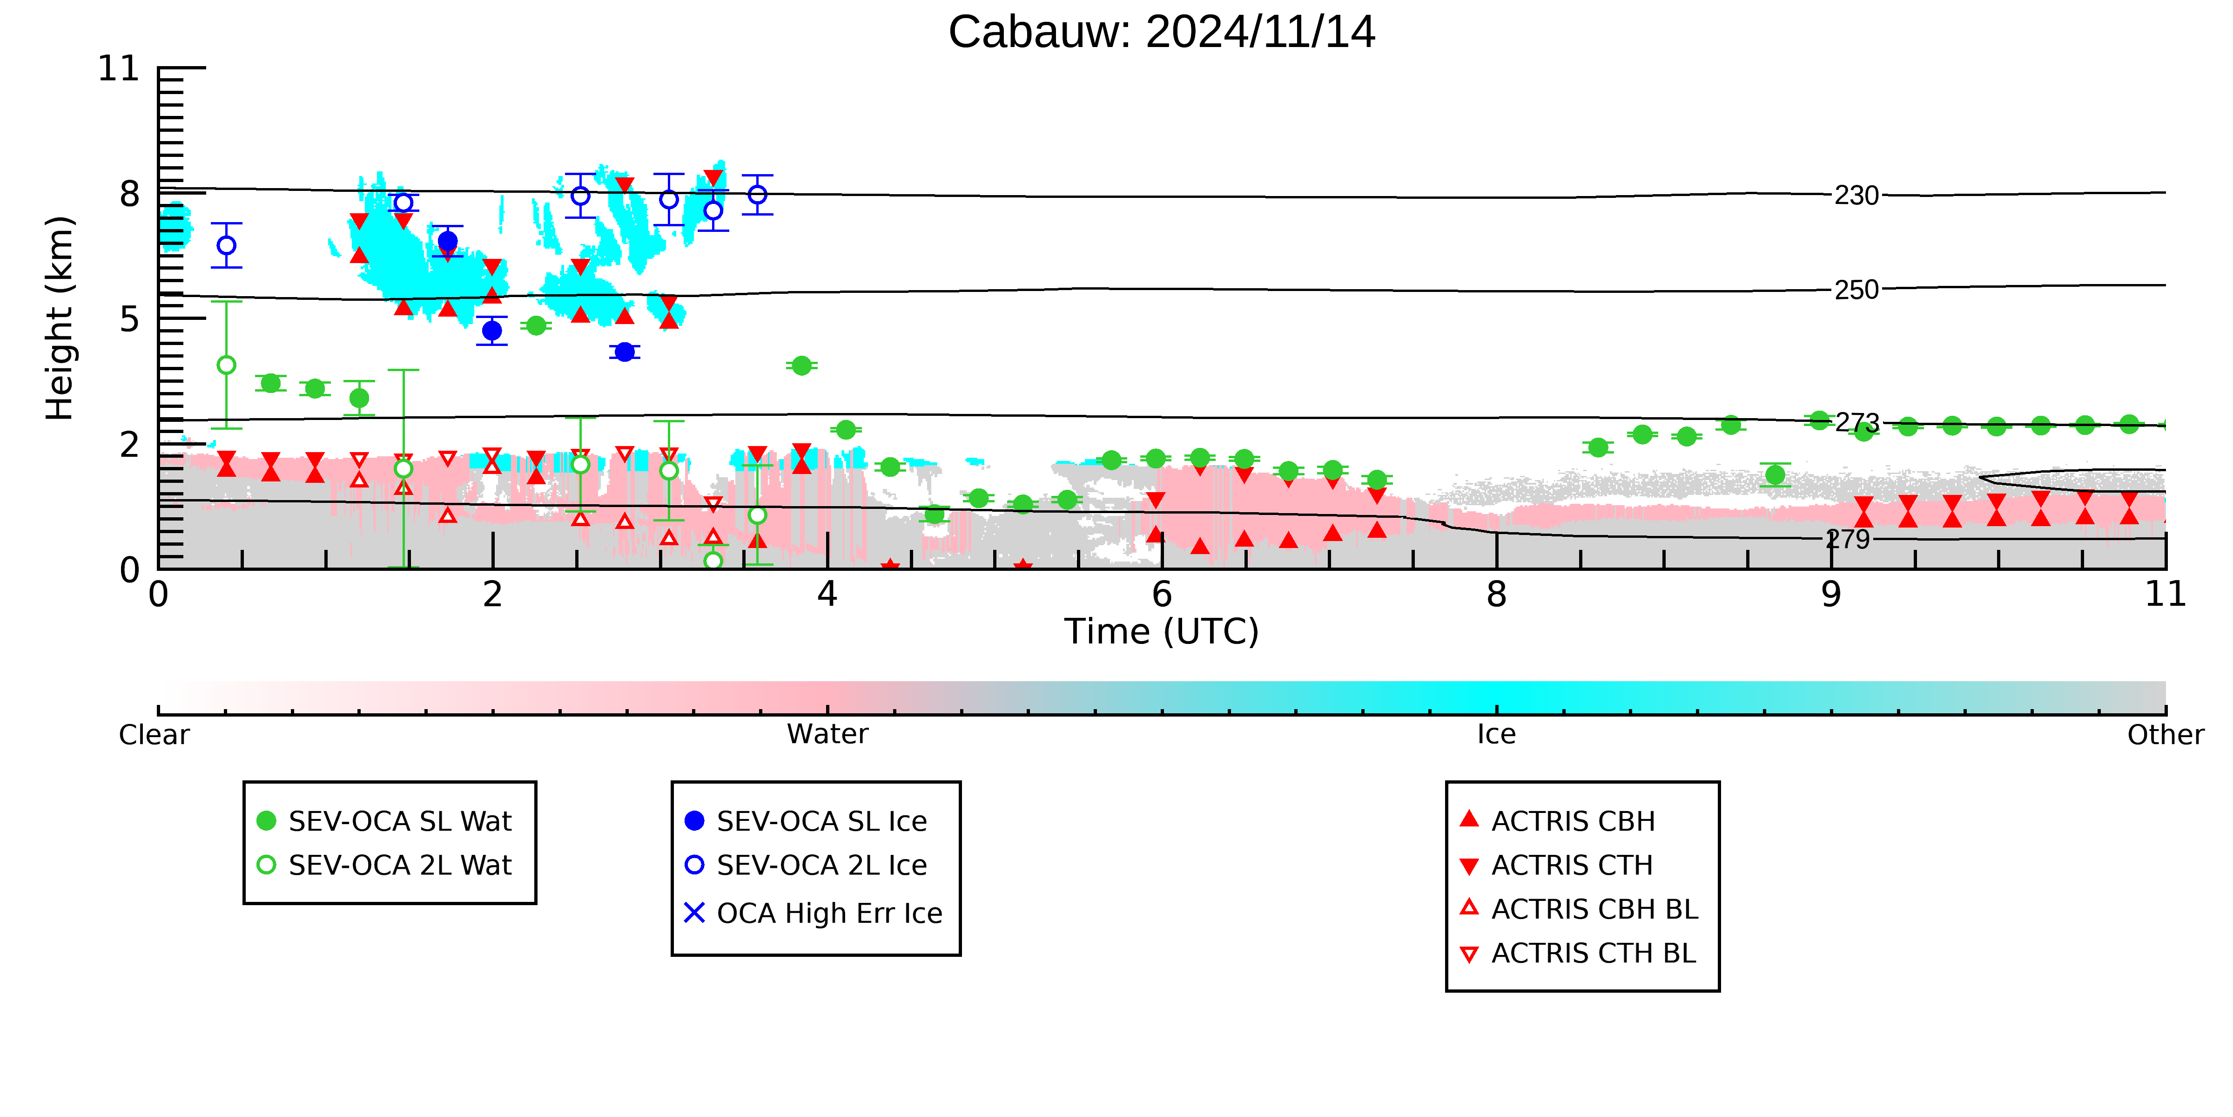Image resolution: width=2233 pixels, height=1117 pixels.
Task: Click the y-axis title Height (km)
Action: point(60,318)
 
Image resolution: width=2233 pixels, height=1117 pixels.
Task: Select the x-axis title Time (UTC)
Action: point(1162,631)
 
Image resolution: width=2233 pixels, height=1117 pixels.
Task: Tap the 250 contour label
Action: point(1856,290)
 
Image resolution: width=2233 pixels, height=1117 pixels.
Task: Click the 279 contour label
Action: point(1848,540)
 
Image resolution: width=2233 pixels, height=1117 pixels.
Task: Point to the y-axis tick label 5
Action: point(129,319)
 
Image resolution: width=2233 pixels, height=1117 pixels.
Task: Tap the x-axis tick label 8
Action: point(1496,594)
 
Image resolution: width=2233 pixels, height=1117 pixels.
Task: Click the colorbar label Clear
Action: point(155,735)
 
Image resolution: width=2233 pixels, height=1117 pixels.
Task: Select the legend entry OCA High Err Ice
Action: point(813,913)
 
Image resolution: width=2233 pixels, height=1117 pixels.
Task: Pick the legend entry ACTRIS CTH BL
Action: point(1579,953)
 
